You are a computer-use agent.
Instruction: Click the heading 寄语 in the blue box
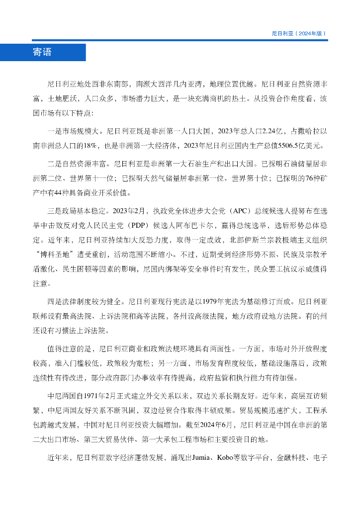tap(42, 52)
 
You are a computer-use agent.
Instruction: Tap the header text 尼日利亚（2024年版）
tap(299, 34)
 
